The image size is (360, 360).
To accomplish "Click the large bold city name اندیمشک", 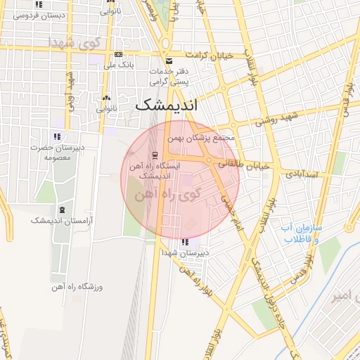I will click(x=166, y=105).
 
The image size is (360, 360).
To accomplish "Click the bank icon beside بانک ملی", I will click(x=117, y=55).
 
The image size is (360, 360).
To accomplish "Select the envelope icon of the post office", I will click(x=167, y=61).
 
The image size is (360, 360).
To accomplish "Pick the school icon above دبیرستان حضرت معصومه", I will click(x=56, y=136).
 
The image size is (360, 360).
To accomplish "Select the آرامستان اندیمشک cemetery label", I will click(x=63, y=221).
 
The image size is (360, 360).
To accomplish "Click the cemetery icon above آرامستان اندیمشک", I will click(x=63, y=210).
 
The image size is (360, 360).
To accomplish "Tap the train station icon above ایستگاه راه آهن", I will click(x=154, y=155).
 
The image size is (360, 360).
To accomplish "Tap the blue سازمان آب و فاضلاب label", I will click(x=301, y=234).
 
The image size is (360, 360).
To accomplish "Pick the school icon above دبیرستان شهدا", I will click(x=185, y=243).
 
